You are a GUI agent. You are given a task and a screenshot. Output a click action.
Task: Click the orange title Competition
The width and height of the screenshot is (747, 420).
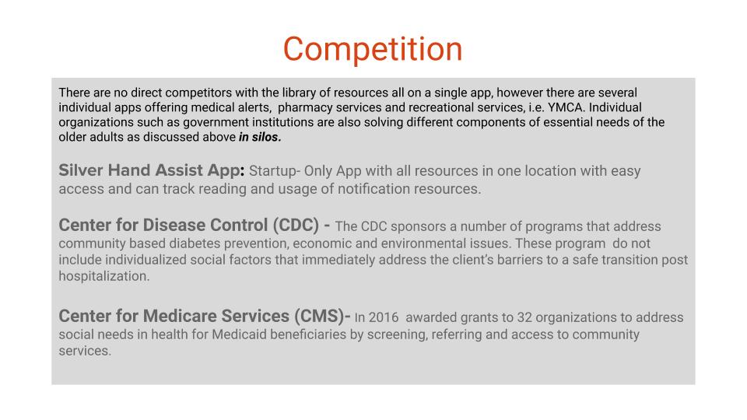[373, 50]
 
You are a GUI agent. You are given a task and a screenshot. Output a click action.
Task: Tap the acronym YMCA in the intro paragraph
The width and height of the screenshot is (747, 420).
[566, 107]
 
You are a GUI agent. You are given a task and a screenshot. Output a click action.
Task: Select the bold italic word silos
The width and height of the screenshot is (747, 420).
[266, 137]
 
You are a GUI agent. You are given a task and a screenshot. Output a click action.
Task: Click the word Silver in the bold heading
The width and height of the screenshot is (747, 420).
[81, 170]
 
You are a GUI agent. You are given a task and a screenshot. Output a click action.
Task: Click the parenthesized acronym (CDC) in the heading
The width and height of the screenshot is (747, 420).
[296, 225]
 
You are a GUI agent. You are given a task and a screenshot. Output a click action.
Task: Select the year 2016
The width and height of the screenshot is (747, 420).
[383, 317]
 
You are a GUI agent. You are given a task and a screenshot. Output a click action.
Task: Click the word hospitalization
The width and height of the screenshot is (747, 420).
[103, 276]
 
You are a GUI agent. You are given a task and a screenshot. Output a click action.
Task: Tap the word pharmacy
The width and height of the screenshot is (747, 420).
[305, 107]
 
